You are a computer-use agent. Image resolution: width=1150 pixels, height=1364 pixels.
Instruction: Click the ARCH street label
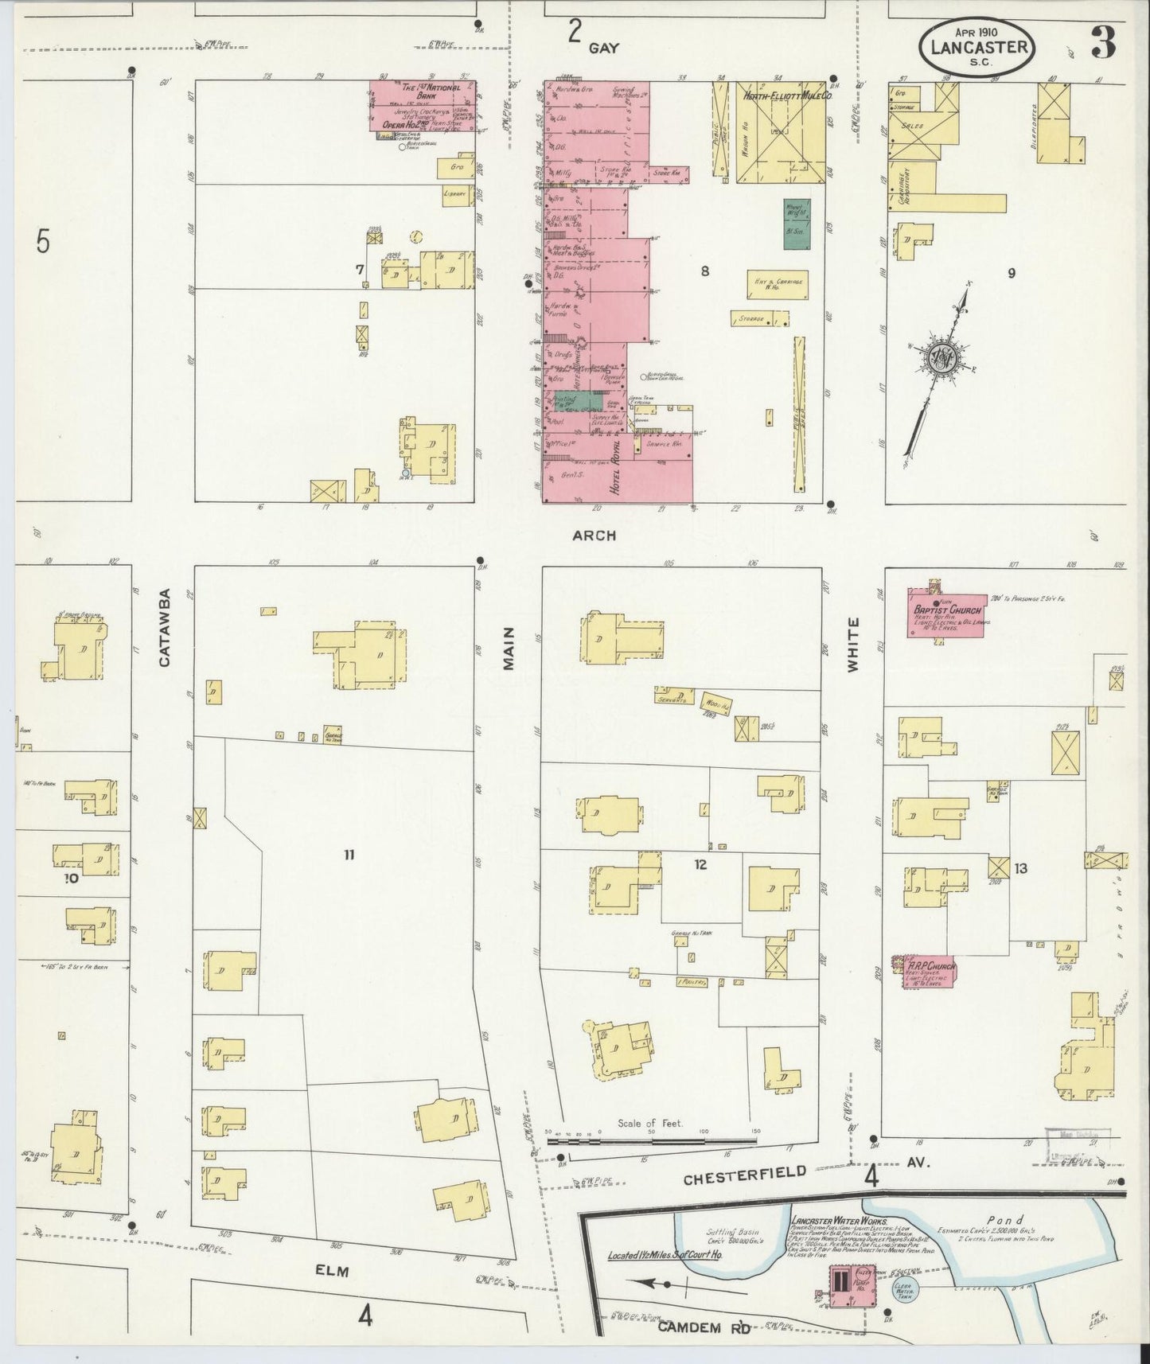(594, 536)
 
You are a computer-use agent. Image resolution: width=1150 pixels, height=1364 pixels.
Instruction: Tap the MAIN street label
(509, 648)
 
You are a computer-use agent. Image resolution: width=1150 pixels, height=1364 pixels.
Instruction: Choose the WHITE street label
(853, 645)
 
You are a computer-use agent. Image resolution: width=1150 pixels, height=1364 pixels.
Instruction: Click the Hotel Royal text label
(614, 472)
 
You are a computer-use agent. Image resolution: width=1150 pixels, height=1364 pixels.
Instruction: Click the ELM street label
(332, 1272)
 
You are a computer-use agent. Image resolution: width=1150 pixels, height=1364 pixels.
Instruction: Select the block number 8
(704, 271)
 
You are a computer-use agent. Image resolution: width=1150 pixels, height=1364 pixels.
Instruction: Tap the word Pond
(1004, 1219)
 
